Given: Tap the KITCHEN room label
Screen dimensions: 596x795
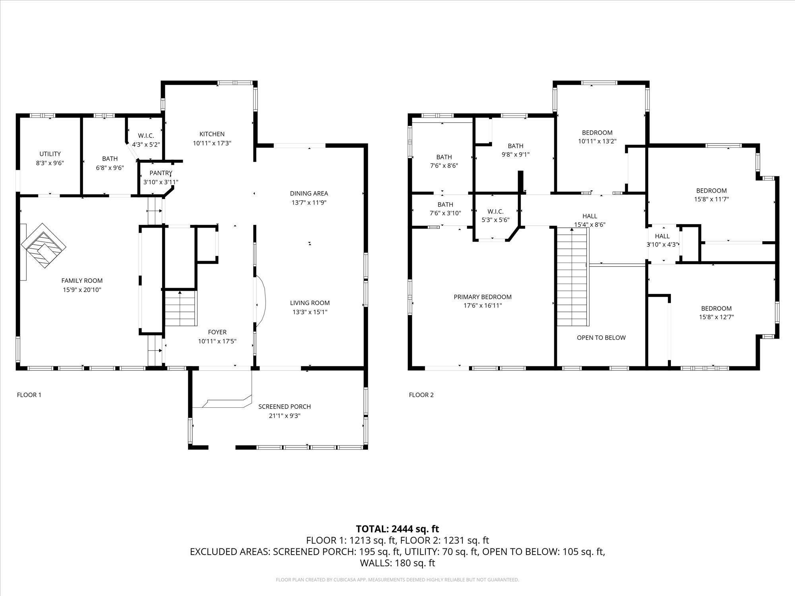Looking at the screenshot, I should (212, 134).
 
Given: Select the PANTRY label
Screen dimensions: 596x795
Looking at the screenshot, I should (161, 173).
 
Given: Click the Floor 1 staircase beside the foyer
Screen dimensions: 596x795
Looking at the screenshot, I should (181, 308).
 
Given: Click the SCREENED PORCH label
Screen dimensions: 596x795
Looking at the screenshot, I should (284, 406).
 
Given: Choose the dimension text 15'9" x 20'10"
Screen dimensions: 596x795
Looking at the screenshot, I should (82, 290).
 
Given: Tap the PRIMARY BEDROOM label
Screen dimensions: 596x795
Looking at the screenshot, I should (483, 297).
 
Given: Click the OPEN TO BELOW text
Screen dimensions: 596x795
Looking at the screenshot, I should (601, 337).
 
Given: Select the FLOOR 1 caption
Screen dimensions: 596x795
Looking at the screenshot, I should (29, 395).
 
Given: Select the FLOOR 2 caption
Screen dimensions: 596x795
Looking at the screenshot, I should (421, 395).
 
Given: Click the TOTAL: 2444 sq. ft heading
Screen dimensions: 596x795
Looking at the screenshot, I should (397, 529).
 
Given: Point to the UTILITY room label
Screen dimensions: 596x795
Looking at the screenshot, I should (50, 154).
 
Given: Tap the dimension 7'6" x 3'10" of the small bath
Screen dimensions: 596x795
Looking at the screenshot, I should (445, 213).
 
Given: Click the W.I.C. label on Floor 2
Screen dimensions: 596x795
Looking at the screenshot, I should (495, 211).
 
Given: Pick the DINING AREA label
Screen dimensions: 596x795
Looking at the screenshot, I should (309, 194).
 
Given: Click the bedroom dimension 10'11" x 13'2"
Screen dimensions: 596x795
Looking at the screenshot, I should (597, 141).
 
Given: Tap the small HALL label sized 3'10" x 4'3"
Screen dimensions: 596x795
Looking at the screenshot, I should (662, 236).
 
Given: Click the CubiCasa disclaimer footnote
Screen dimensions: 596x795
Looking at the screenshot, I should (397, 580).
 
